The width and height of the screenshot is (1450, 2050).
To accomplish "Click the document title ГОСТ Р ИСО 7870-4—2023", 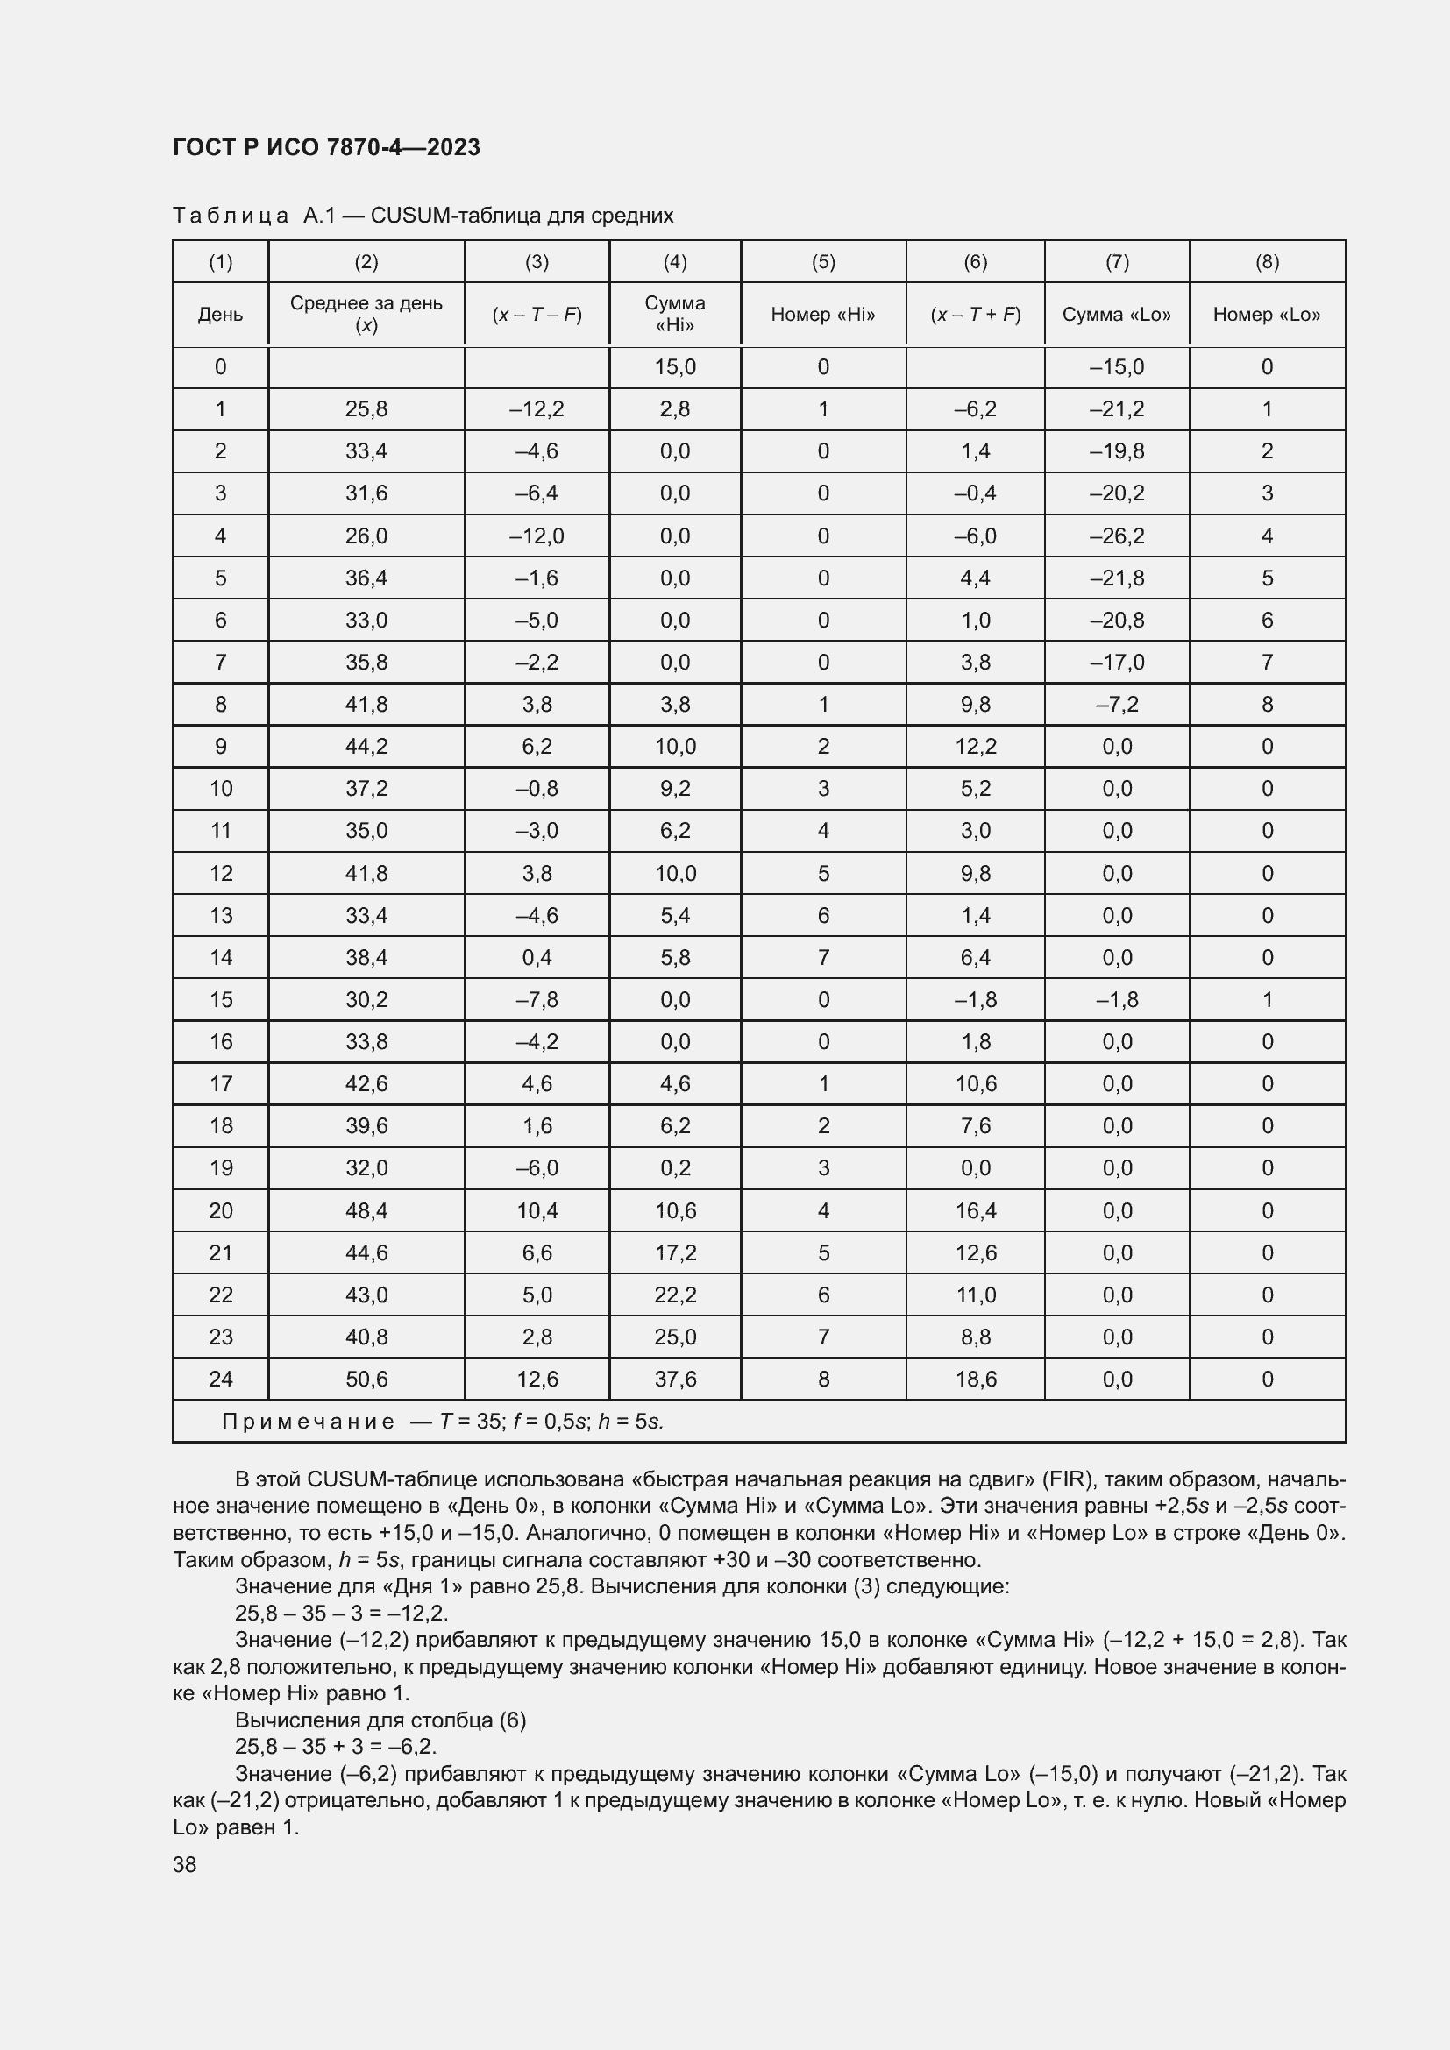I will click(326, 147).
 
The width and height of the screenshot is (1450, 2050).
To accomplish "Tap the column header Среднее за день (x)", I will click(366, 314).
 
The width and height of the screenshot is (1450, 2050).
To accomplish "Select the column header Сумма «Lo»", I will click(1116, 315).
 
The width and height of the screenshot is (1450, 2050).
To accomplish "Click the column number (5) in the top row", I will click(822, 261).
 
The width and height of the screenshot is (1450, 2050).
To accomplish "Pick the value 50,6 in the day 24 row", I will click(366, 1379).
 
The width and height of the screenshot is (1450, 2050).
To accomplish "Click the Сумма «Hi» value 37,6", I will click(675, 1379).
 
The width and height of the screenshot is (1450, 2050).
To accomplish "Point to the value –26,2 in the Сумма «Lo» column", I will click(1116, 536).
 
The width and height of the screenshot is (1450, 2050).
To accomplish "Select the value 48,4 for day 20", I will click(366, 1210).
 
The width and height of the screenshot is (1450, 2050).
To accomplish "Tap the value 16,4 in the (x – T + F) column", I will click(975, 1210).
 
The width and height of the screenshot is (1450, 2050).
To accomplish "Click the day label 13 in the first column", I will click(221, 915).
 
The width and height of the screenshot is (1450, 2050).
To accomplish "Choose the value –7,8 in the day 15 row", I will click(537, 999).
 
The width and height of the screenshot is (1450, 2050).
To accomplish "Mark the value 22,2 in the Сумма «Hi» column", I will click(675, 1295).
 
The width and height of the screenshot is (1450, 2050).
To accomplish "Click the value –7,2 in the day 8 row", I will click(1116, 705).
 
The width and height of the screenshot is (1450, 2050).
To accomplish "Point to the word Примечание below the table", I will click(308, 1422).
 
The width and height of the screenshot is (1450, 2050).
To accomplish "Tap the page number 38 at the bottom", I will click(185, 1864).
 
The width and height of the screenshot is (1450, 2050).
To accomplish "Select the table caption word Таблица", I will click(231, 216).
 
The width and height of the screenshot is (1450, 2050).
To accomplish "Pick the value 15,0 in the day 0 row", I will click(675, 367).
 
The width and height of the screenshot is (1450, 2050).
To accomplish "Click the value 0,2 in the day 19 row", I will click(675, 1167).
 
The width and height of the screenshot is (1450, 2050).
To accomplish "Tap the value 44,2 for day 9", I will click(366, 747).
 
